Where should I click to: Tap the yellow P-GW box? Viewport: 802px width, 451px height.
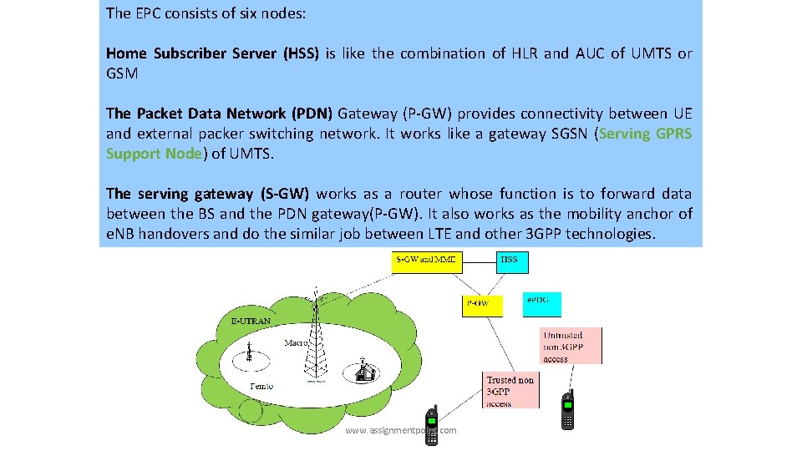(x=483, y=304)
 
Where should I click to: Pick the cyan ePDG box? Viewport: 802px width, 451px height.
(x=542, y=304)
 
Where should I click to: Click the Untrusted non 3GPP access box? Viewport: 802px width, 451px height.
(x=572, y=345)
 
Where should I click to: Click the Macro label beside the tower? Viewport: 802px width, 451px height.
(x=297, y=342)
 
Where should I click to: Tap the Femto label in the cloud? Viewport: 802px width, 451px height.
(x=262, y=386)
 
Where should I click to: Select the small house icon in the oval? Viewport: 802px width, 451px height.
(x=364, y=372)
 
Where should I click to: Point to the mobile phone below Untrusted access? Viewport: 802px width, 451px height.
(x=567, y=409)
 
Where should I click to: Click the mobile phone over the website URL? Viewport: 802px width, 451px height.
(x=432, y=425)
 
